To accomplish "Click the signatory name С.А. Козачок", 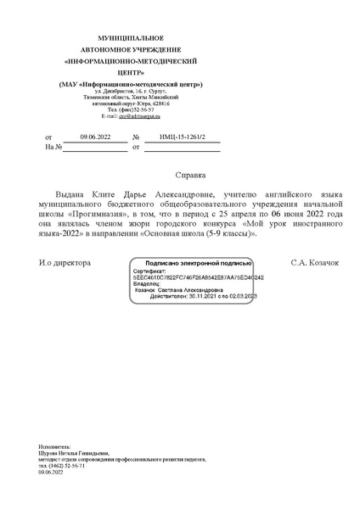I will [314, 263].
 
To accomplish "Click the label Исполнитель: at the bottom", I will [56, 446].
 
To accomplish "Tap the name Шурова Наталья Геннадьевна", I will [74, 454].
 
